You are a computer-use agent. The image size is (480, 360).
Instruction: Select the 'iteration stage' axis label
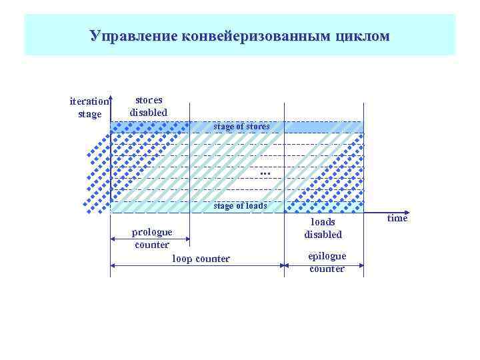tap(89, 107)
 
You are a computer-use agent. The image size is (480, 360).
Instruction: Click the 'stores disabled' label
tap(149, 106)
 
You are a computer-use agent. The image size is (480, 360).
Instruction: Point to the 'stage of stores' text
tap(241, 126)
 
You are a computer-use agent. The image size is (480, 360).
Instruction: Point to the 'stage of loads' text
tap(240, 206)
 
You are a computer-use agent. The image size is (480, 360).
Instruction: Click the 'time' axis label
tap(397, 218)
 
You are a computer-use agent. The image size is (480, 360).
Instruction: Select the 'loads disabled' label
tap(323, 228)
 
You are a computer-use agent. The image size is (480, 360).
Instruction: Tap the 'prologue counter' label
tap(151, 238)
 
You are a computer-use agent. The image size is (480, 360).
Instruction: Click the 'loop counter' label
tap(201, 258)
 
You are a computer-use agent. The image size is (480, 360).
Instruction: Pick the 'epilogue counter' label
tap(327, 262)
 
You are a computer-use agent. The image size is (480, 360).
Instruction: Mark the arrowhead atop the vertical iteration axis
tap(111, 95)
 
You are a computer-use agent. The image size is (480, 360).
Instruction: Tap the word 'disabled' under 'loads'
tap(323, 235)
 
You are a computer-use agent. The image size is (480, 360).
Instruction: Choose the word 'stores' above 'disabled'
tap(149, 100)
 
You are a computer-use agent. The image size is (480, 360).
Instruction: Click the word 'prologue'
tap(151, 232)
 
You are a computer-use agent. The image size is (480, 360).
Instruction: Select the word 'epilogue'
tap(327, 256)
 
